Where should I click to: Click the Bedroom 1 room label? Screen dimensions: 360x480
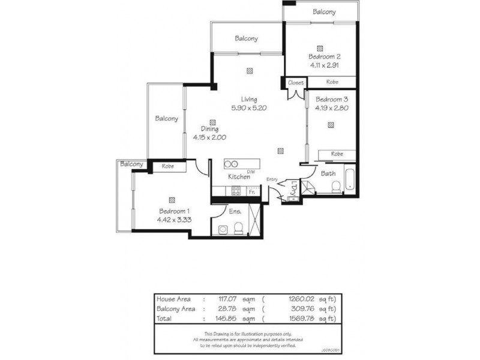click(x=175, y=211)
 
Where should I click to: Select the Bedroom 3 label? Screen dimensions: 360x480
click(x=332, y=100)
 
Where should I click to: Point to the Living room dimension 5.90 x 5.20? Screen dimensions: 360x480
click(x=248, y=108)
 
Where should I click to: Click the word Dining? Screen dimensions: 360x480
click(x=209, y=129)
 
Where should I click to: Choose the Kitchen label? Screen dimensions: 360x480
click(x=238, y=177)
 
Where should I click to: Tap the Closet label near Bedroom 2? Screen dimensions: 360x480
click(x=296, y=82)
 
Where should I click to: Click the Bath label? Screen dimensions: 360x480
click(x=328, y=174)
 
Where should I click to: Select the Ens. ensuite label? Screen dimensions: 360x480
click(x=235, y=211)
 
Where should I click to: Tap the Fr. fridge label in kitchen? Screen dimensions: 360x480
click(x=253, y=192)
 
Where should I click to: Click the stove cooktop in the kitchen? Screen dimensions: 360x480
click(x=236, y=192)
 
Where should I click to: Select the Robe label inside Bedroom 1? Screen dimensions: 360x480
click(x=167, y=166)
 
